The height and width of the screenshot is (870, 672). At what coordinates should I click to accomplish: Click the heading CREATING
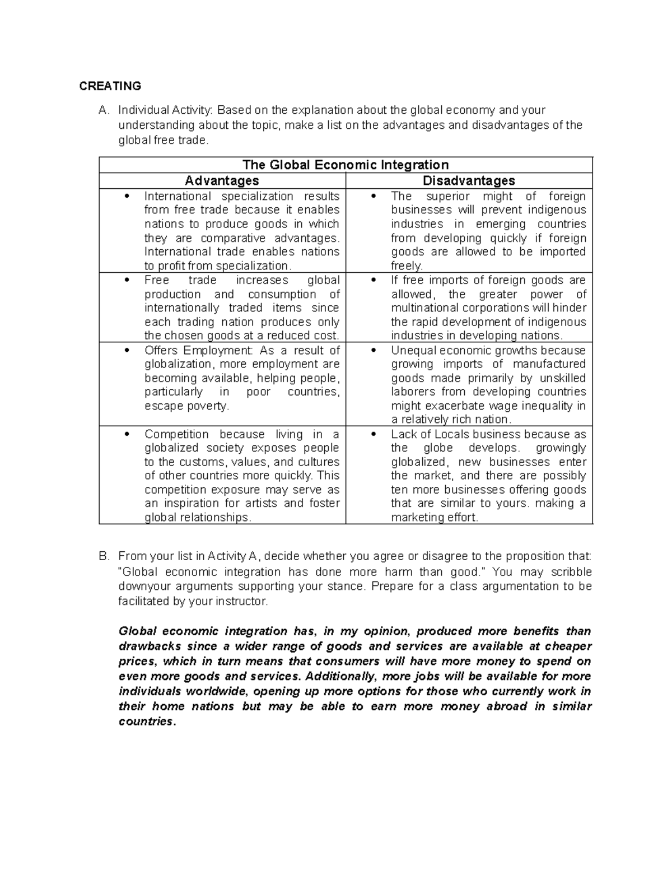click(x=110, y=86)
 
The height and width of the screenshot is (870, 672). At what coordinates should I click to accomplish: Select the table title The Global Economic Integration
click(x=346, y=165)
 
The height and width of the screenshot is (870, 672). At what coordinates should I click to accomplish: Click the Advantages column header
click(x=222, y=180)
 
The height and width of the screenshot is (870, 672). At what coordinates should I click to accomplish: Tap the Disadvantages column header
click(x=469, y=180)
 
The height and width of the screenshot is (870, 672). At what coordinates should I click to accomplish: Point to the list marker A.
click(x=102, y=110)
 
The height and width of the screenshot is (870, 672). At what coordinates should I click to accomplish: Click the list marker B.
click(x=102, y=556)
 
